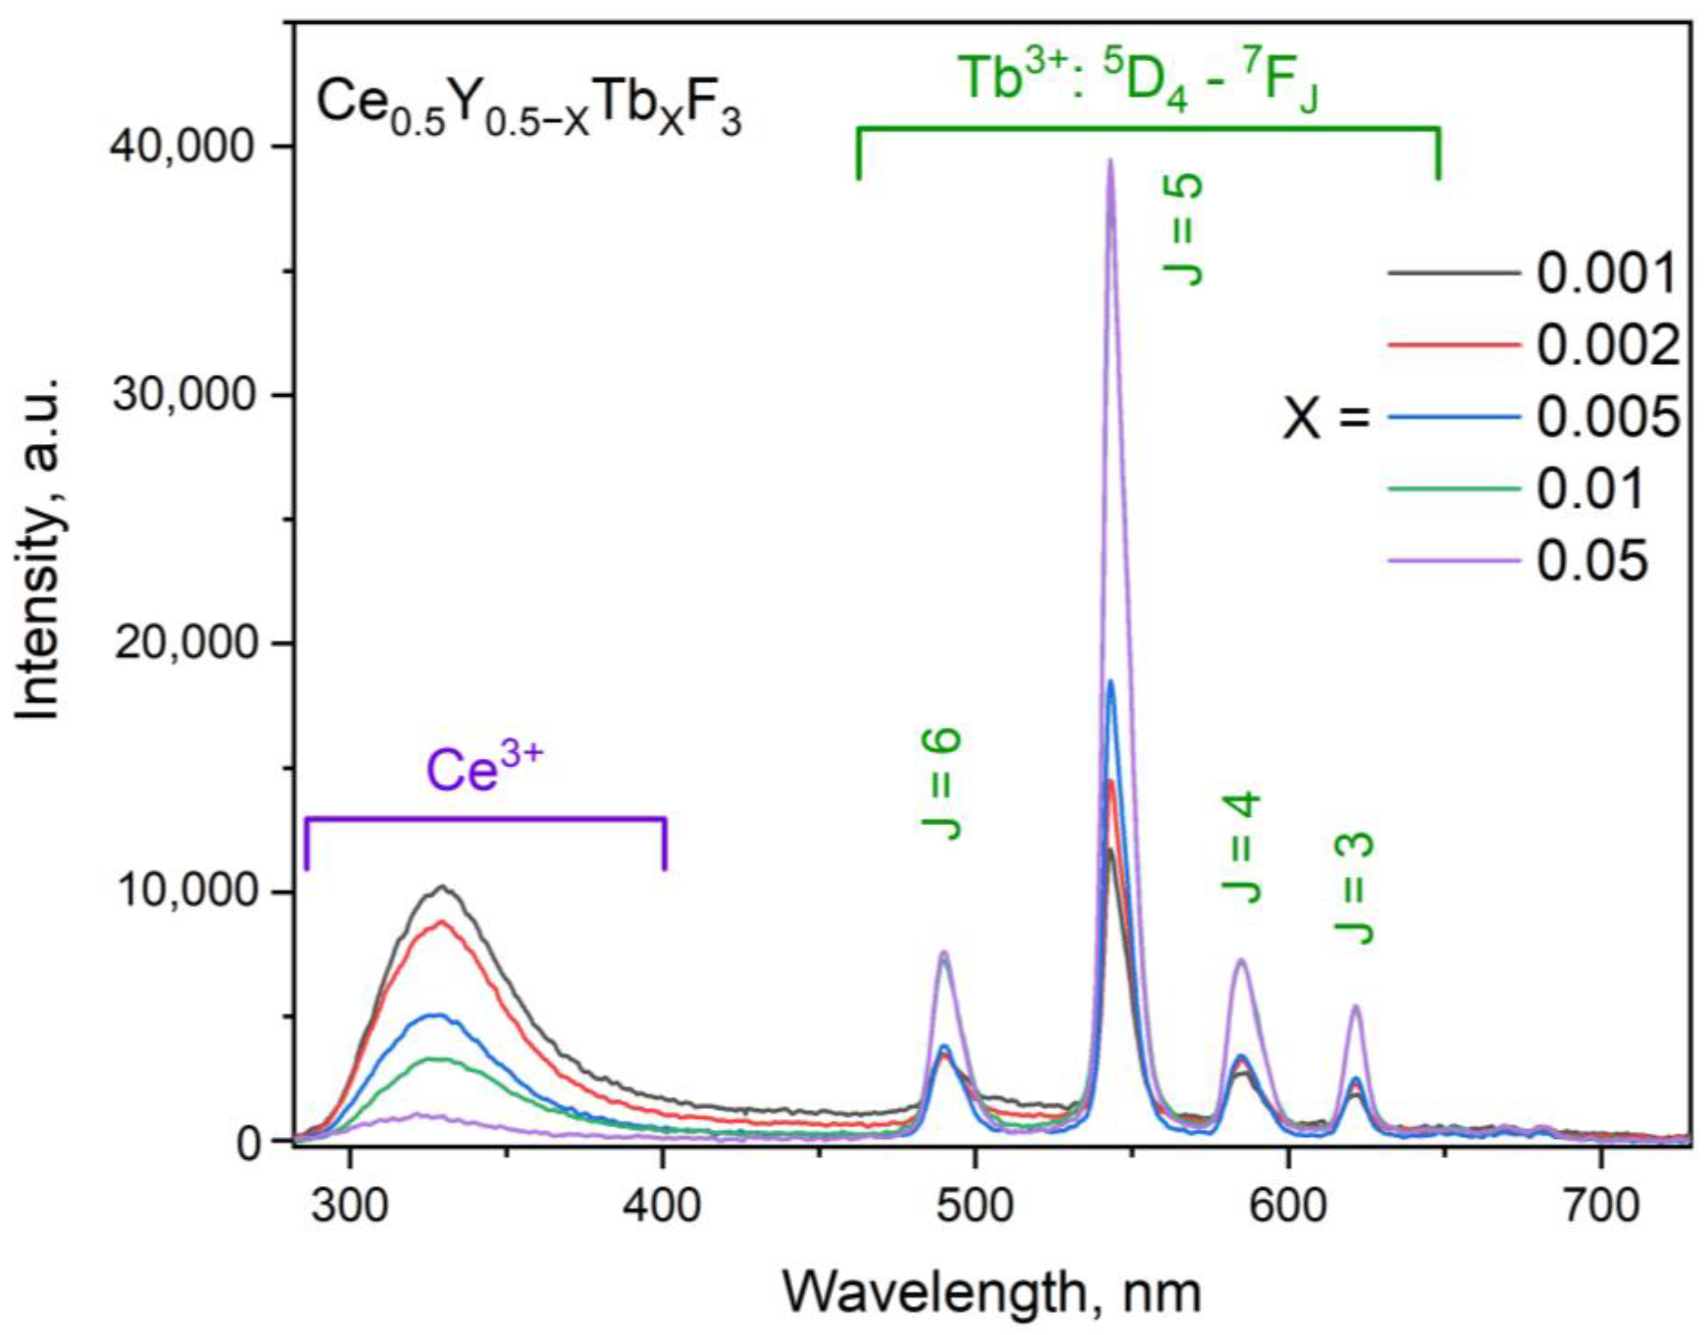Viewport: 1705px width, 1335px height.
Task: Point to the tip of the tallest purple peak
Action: coord(1110,160)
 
